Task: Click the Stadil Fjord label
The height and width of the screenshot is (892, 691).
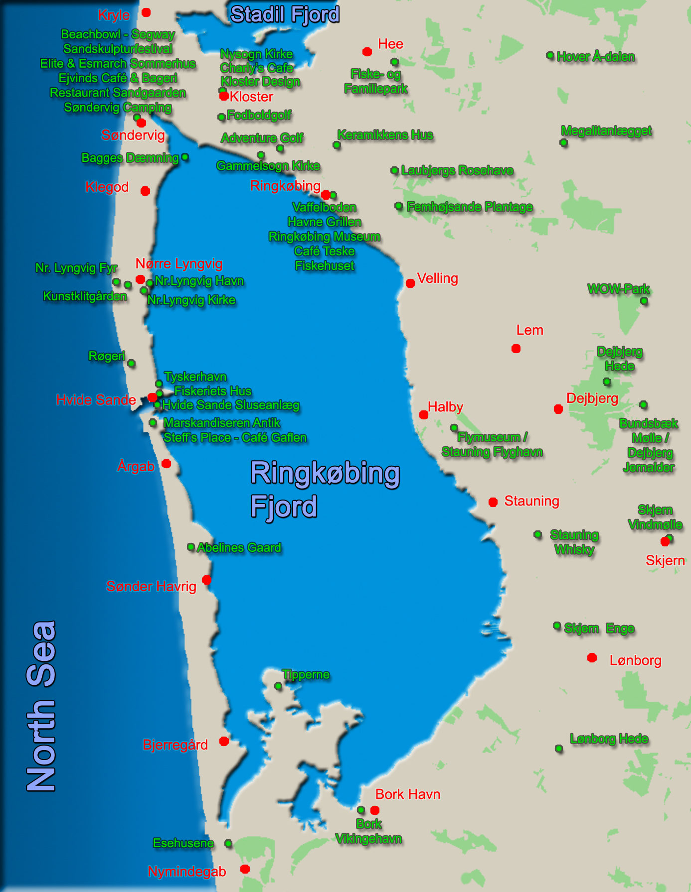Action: click(x=285, y=14)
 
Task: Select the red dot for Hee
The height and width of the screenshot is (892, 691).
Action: click(x=367, y=52)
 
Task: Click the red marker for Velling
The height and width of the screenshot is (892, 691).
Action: click(x=410, y=283)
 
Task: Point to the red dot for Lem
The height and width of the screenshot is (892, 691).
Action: click(x=516, y=349)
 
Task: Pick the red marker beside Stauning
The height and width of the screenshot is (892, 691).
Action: click(x=493, y=502)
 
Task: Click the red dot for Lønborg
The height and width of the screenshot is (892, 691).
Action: click(x=592, y=658)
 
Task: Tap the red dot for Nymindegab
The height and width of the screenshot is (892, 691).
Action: click(x=245, y=869)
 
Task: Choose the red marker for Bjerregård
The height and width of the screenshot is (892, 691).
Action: click(x=224, y=742)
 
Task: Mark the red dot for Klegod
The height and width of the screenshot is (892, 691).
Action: click(x=145, y=191)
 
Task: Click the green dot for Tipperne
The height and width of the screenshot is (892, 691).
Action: click(x=278, y=686)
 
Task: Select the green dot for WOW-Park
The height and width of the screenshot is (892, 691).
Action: click(x=644, y=301)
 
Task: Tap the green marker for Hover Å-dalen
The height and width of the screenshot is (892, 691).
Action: click(x=550, y=55)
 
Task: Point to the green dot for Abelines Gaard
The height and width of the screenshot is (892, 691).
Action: click(x=191, y=547)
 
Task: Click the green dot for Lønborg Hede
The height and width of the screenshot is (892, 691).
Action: click(x=559, y=749)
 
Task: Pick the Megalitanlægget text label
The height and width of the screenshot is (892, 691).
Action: click(x=606, y=131)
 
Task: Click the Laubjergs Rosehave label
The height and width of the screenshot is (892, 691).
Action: click(x=457, y=171)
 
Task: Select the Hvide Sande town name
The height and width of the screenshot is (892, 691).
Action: click(x=96, y=400)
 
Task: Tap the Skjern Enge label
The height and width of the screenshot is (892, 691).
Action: click(x=599, y=629)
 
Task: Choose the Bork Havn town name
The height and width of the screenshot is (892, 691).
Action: click(x=408, y=794)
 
